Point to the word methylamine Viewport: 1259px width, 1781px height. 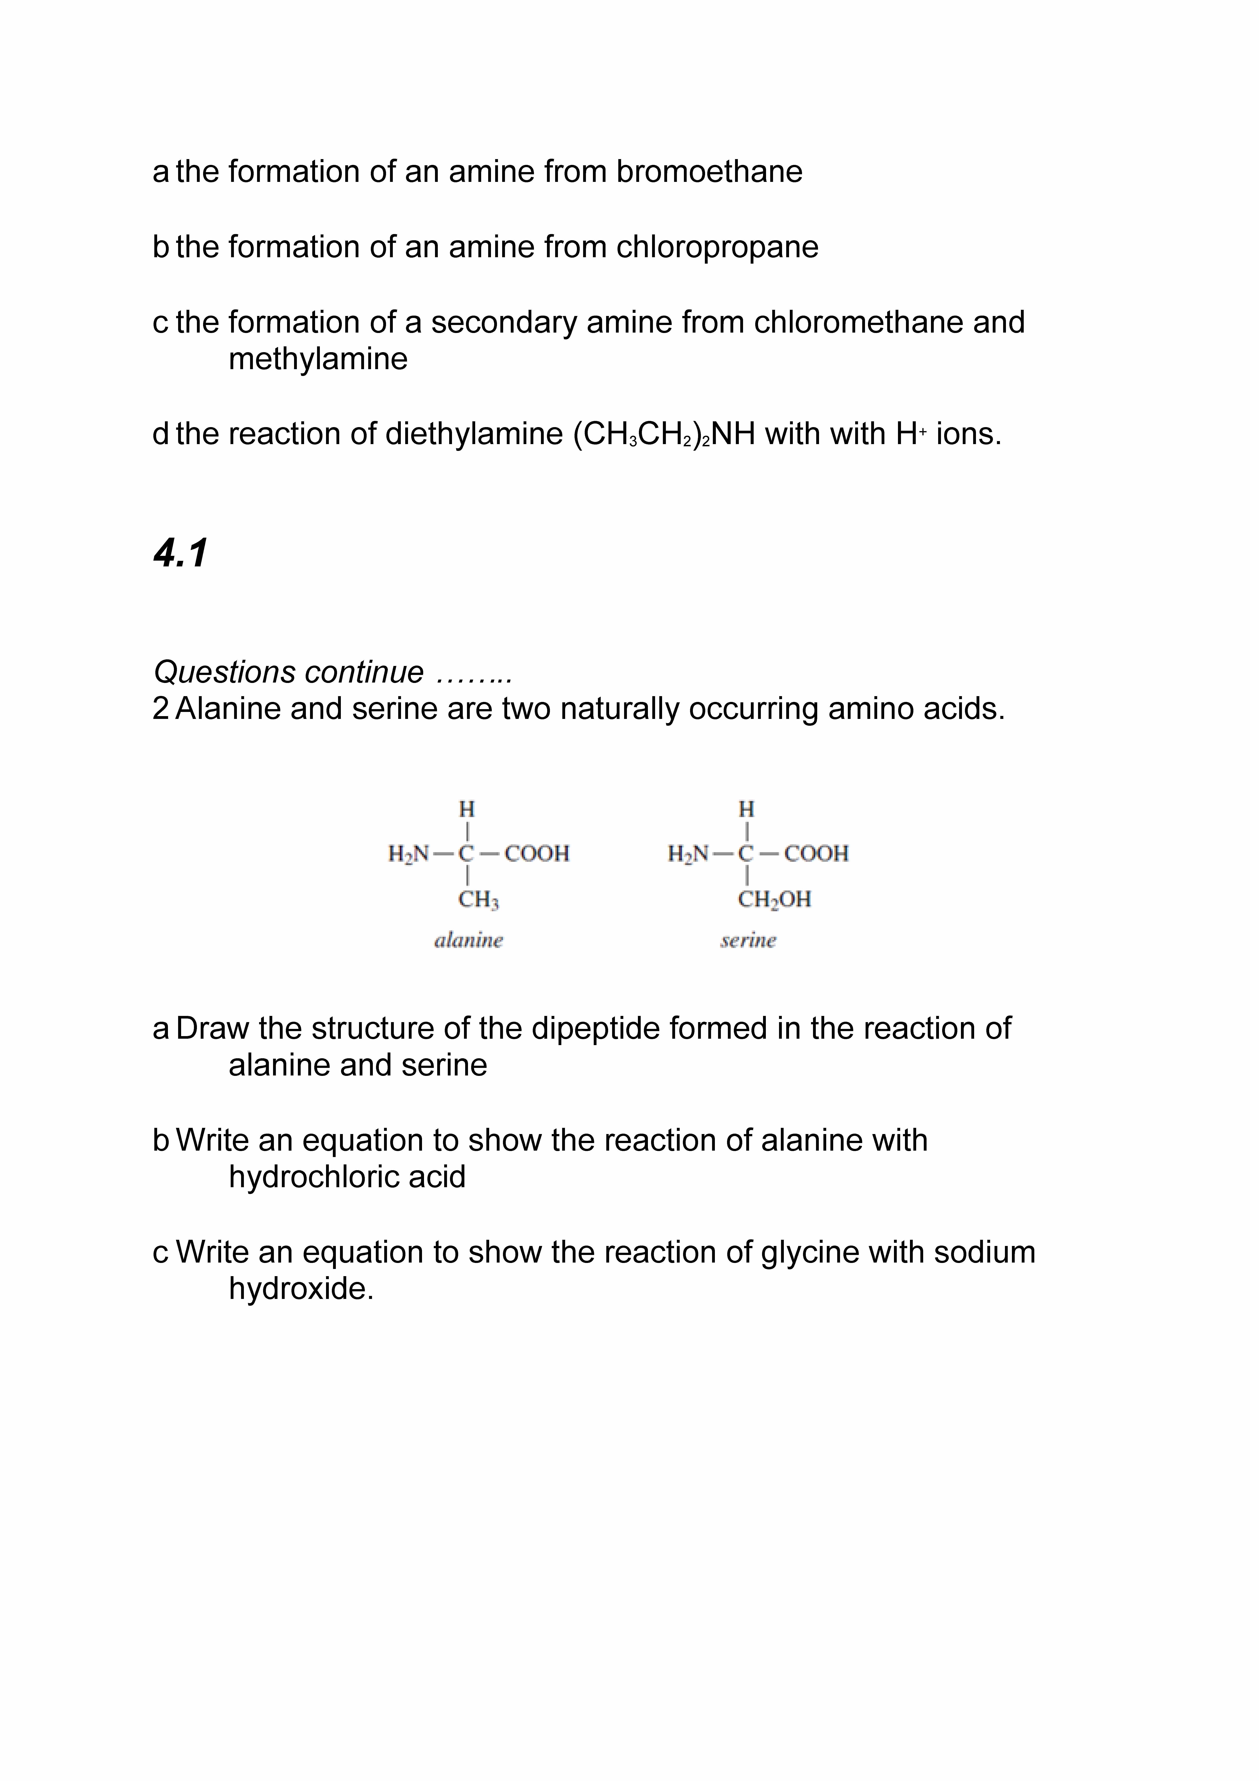coord(318,359)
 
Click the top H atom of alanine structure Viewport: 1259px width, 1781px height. coord(466,809)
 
